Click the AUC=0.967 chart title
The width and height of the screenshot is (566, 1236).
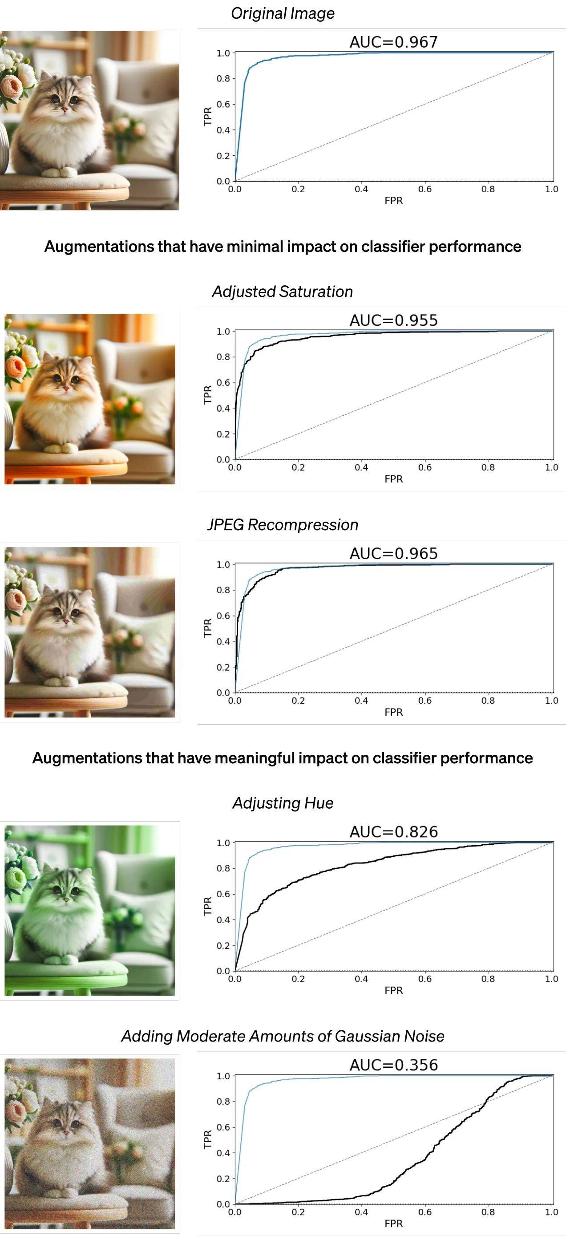pyautogui.click(x=393, y=42)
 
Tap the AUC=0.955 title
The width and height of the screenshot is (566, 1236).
pyautogui.click(x=393, y=320)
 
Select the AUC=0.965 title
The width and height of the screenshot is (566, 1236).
pyautogui.click(x=393, y=554)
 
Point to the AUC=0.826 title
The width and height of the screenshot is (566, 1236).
pyautogui.click(x=393, y=832)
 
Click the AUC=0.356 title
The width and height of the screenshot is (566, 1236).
pyautogui.click(x=393, y=1065)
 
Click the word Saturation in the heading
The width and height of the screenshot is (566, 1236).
pyautogui.click(x=315, y=292)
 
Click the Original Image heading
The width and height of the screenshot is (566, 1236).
pyautogui.click(x=283, y=13)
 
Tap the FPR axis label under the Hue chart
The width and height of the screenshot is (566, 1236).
pyautogui.click(x=393, y=990)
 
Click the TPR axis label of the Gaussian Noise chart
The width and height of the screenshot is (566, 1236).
pyautogui.click(x=208, y=1139)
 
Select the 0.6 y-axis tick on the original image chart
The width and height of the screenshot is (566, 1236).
pyautogui.click(x=223, y=104)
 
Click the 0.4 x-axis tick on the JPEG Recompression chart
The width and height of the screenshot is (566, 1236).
pyautogui.click(x=361, y=701)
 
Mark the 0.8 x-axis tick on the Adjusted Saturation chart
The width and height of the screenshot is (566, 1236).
pyautogui.click(x=488, y=467)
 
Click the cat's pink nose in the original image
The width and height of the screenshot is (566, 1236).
pyautogui.click(x=65, y=110)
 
